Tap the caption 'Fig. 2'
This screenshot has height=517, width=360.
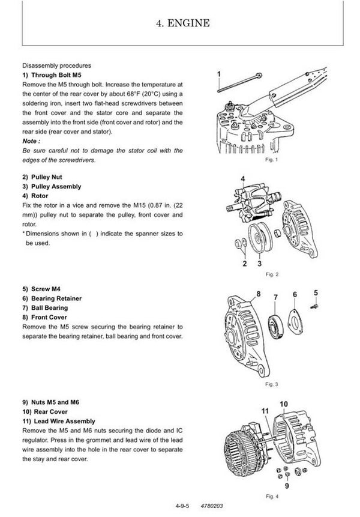click(273, 274)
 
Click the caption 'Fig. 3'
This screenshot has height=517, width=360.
click(273, 384)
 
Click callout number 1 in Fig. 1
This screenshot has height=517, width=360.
click(220, 74)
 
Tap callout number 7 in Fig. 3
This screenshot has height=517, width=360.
click(275, 297)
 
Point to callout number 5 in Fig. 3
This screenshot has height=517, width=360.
click(316, 292)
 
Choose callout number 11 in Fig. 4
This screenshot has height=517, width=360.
click(265, 410)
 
